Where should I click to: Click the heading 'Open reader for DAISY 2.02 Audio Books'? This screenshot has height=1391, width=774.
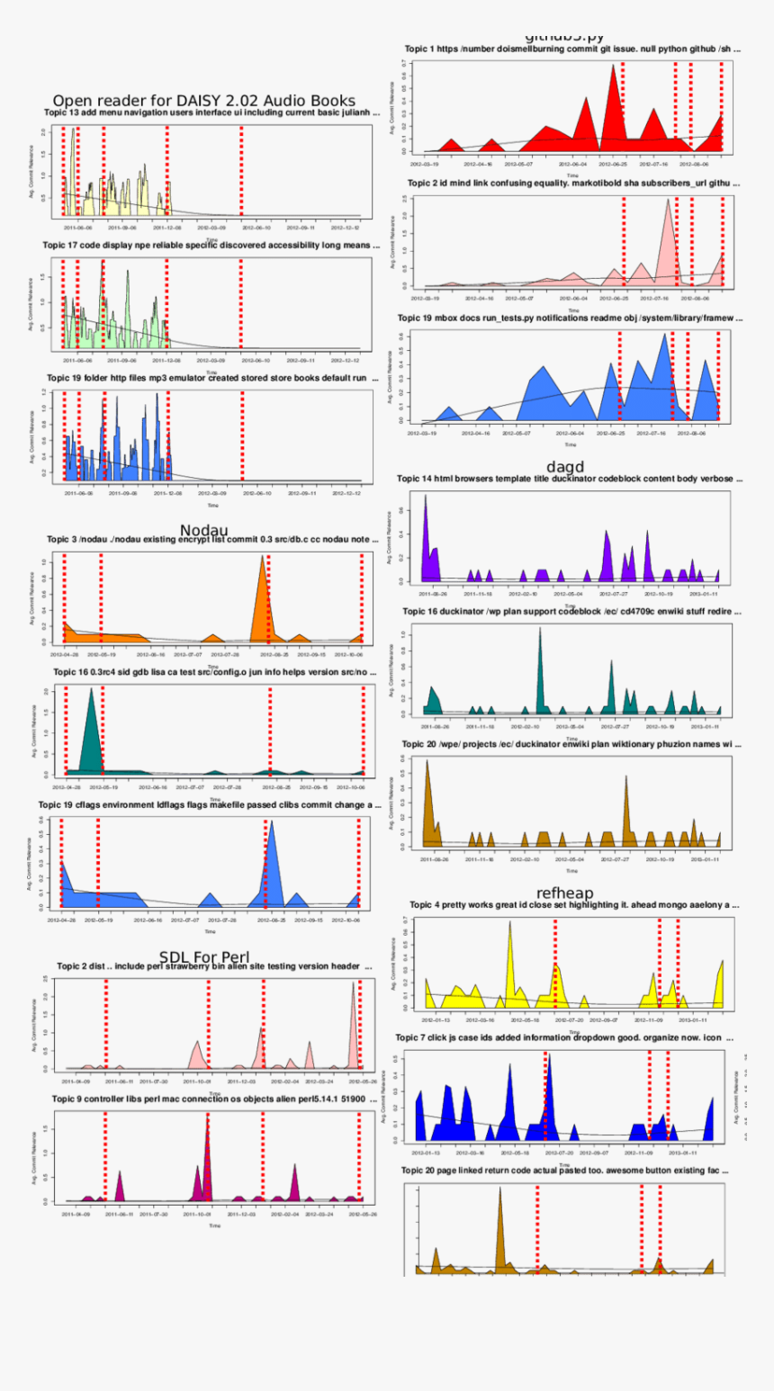click(203, 101)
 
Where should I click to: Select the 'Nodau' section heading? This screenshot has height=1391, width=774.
click(203, 530)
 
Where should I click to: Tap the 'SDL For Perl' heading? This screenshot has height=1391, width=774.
click(204, 956)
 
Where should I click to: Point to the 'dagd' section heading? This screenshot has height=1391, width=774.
click(565, 467)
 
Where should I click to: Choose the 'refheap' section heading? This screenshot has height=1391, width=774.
click(564, 893)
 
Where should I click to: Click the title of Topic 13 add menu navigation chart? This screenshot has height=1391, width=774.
click(211, 113)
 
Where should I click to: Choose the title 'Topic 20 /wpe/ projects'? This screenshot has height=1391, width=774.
click(571, 744)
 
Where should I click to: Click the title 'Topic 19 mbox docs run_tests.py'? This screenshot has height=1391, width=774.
click(571, 318)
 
